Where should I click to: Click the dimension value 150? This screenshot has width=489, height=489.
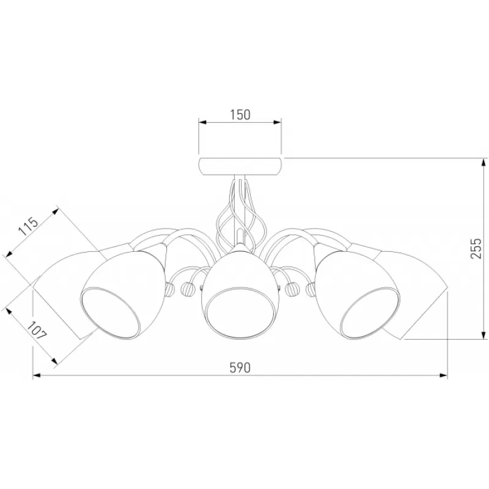click(240, 115)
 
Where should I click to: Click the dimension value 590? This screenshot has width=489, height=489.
click(240, 368)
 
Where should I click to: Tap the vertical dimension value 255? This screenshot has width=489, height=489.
click(476, 248)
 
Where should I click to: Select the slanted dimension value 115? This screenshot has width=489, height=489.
click(28, 226)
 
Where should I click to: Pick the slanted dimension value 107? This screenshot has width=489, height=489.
click(37, 330)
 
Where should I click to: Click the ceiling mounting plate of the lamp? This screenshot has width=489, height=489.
click(240, 166)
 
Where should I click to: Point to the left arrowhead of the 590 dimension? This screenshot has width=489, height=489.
click(37, 375)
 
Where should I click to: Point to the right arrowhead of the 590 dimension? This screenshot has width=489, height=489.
click(444, 375)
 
